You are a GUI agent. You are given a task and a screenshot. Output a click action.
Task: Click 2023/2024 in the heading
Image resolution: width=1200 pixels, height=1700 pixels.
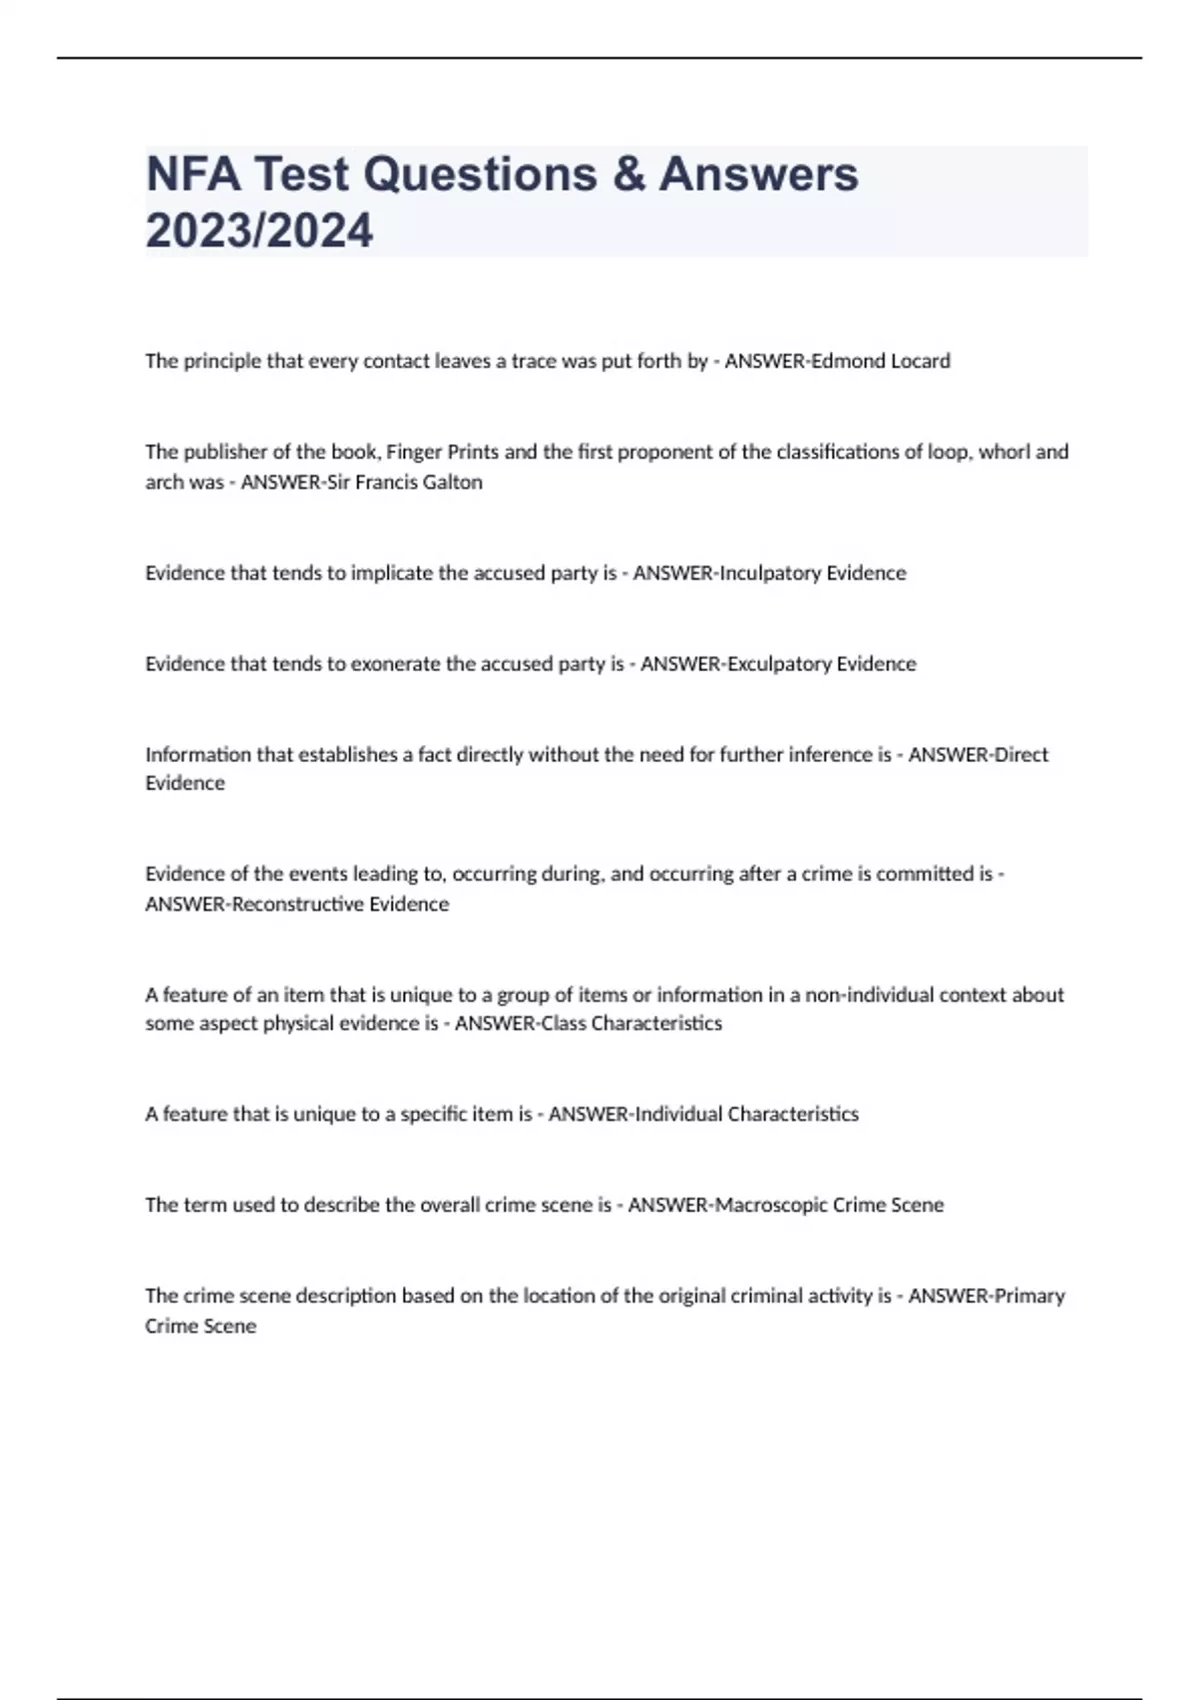(259, 230)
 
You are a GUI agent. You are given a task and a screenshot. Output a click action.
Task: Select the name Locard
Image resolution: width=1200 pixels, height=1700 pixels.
(919, 361)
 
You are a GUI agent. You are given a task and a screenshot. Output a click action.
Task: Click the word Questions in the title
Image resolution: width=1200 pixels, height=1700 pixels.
(480, 174)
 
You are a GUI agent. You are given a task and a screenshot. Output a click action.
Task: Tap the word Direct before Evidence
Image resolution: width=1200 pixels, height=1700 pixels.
(1021, 755)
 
